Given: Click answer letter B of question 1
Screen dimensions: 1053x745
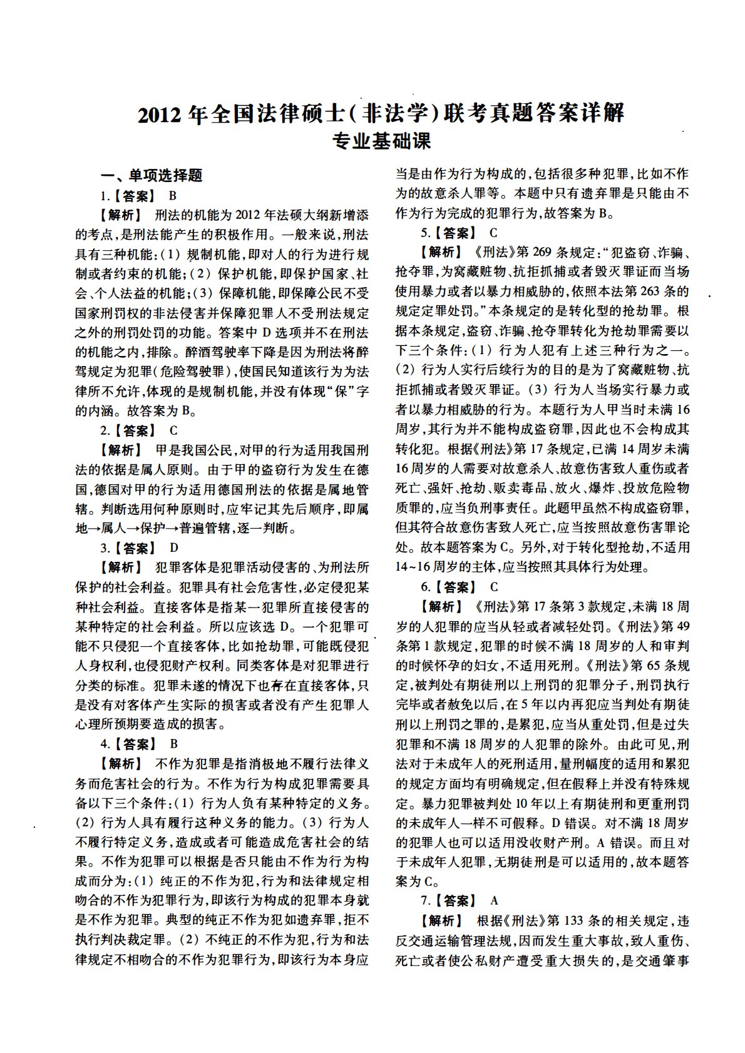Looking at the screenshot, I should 173,196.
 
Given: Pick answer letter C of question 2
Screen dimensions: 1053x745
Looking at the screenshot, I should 173,430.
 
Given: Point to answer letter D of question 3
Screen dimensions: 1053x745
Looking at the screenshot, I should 174,548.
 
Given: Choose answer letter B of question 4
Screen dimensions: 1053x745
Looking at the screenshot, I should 173,744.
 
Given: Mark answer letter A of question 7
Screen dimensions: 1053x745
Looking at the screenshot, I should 495,901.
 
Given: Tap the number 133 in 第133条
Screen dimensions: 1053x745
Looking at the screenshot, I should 562,921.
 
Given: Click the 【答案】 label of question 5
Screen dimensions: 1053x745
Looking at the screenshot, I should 456,233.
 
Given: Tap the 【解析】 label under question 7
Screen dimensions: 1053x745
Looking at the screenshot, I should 441,921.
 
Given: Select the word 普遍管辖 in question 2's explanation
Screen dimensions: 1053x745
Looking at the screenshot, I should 206,529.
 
